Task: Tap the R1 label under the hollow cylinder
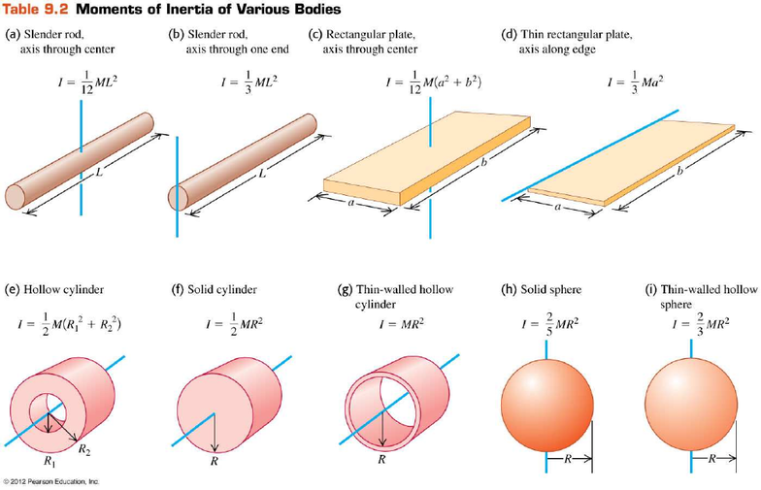coord(50,462)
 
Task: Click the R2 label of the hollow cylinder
coord(84,450)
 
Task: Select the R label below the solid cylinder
coord(214,461)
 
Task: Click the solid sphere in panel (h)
coord(547,406)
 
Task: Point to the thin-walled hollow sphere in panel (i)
coord(691,406)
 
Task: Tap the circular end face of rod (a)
coord(16,196)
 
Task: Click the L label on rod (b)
coord(262,173)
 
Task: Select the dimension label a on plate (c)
coord(351,203)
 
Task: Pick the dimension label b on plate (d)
coord(679,171)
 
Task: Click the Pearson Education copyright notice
coord(50,481)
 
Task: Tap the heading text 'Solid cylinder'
coord(222,289)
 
